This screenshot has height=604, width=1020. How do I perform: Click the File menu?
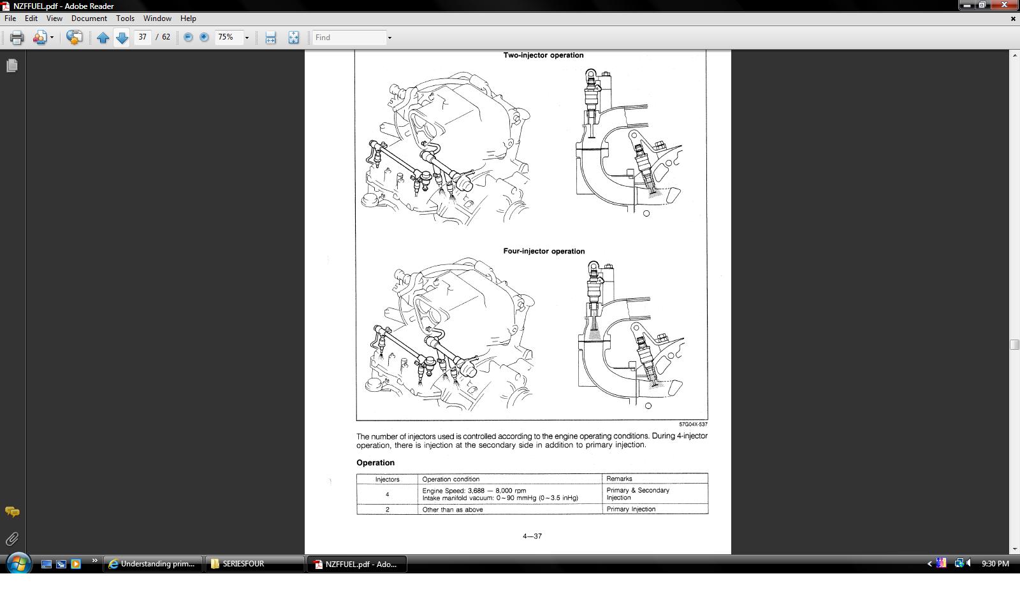10,18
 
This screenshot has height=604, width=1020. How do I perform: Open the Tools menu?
125,18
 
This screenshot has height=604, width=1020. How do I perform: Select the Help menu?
188,18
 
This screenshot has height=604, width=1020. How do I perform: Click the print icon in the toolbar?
17,38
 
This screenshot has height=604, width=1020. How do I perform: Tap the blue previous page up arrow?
103,38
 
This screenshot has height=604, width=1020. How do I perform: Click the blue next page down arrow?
122,38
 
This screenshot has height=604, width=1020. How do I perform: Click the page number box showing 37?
143,38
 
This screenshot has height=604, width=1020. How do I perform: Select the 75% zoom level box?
229,38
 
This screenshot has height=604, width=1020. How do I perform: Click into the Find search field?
350,38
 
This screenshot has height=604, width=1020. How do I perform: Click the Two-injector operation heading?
543,55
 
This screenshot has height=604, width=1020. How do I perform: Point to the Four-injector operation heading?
544,251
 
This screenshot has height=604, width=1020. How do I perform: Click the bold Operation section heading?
375,463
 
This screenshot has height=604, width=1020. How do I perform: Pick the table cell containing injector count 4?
387,494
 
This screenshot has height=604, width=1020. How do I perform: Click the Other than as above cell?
510,509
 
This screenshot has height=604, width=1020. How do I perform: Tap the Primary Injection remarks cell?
655,509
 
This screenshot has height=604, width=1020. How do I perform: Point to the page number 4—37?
532,536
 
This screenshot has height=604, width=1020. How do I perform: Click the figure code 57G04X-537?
693,424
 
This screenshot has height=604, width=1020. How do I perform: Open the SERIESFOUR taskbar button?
254,564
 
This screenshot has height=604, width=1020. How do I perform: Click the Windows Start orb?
18,564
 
